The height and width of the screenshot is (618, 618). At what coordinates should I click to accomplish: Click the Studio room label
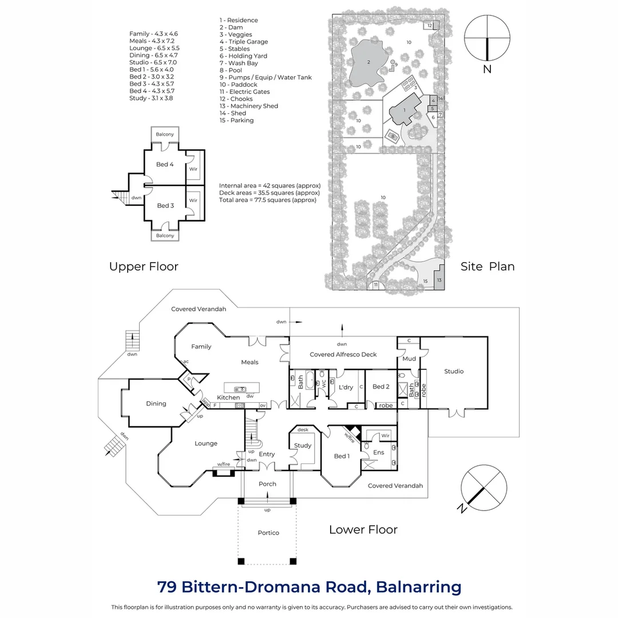click(x=454, y=371)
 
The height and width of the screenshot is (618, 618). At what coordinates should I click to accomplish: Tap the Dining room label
click(x=156, y=403)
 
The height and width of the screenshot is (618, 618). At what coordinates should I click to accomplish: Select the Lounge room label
click(x=206, y=443)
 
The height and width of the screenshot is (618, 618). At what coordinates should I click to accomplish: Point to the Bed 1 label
click(x=341, y=456)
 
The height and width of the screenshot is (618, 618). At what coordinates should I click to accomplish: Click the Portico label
click(x=268, y=533)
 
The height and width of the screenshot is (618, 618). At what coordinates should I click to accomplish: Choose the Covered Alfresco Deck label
click(x=343, y=355)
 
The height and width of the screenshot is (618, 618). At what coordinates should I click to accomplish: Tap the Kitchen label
click(x=228, y=398)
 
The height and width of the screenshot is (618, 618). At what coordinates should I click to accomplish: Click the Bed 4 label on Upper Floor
click(x=165, y=164)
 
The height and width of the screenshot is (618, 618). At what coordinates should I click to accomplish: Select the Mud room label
click(x=409, y=359)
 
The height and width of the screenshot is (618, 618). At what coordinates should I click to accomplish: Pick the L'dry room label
click(x=346, y=387)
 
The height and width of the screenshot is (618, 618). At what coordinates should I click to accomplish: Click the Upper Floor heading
click(x=144, y=267)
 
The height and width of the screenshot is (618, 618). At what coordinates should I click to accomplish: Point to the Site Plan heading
click(x=488, y=267)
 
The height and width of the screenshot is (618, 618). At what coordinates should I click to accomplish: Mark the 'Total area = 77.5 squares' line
click(x=267, y=200)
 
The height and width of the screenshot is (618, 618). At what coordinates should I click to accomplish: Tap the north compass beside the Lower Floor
click(x=484, y=488)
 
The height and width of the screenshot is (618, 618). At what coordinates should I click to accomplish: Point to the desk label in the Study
click(x=303, y=429)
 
